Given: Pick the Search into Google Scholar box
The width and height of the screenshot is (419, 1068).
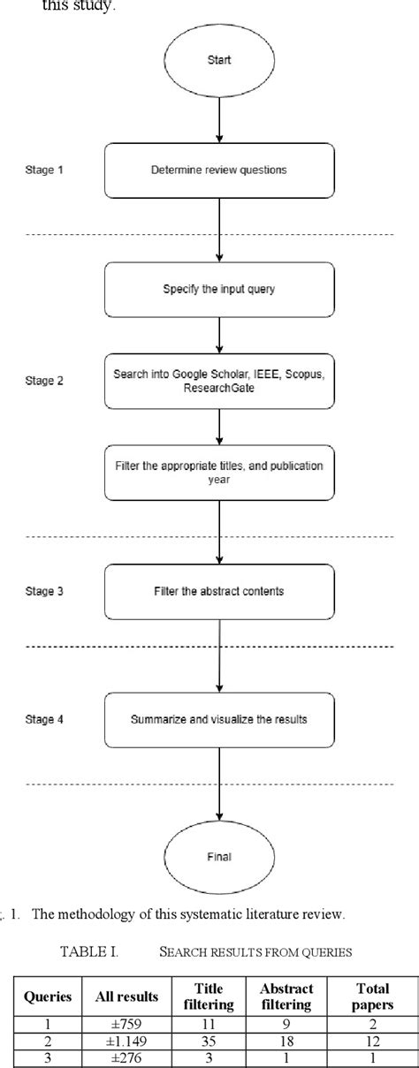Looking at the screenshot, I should (x=219, y=381).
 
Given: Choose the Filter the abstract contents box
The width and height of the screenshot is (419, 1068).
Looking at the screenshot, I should (x=219, y=591).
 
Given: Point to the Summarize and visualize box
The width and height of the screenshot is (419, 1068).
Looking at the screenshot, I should (x=219, y=719).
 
